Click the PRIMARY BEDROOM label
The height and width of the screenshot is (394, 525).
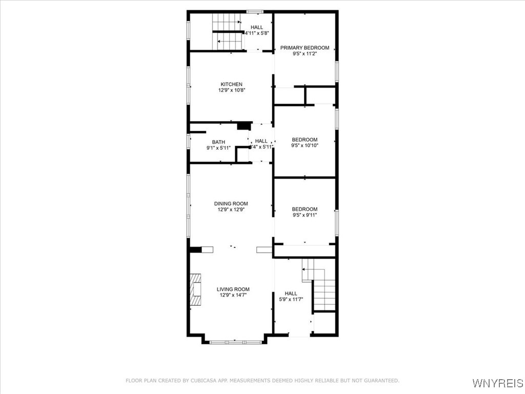click(x=305, y=48)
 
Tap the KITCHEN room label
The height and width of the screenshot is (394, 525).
click(x=231, y=84)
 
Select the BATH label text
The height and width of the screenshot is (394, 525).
click(x=218, y=142)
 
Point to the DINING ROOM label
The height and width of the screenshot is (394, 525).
click(x=231, y=204)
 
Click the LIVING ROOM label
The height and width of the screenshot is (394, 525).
click(x=233, y=289)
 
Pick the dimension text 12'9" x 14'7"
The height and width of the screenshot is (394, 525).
click(x=233, y=295)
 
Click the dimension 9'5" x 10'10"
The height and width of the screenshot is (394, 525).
click(x=305, y=145)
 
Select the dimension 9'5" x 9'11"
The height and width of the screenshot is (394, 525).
click(x=305, y=215)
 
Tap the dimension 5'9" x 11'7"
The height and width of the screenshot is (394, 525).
click(x=291, y=299)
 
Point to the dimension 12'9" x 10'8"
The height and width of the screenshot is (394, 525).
click(x=231, y=90)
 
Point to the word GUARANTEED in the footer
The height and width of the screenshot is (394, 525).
click(x=380, y=381)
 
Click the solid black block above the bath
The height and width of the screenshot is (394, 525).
click(x=244, y=126)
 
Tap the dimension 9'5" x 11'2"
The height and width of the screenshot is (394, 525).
click(x=305, y=54)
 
